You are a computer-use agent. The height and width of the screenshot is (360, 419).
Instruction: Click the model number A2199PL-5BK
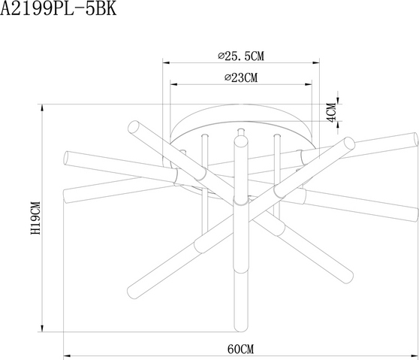click(x=59, y=8)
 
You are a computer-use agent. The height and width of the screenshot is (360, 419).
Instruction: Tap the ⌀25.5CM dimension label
click(x=241, y=56)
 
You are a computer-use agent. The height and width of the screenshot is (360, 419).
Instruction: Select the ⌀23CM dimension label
click(x=241, y=77)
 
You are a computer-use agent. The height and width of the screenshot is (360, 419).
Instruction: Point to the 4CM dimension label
click(x=332, y=113)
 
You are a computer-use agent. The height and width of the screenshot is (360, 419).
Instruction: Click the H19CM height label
click(x=35, y=218)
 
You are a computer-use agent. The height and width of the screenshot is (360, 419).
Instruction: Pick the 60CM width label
click(x=241, y=349)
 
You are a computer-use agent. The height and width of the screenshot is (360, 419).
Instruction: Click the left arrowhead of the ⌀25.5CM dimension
click(x=166, y=63)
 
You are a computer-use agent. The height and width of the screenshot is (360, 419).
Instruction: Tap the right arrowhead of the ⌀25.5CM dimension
click(x=316, y=63)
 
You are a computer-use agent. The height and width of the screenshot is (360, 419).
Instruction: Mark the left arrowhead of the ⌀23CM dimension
click(x=174, y=84)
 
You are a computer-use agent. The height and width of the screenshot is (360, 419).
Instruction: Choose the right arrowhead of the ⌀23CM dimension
click(x=309, y=84)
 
